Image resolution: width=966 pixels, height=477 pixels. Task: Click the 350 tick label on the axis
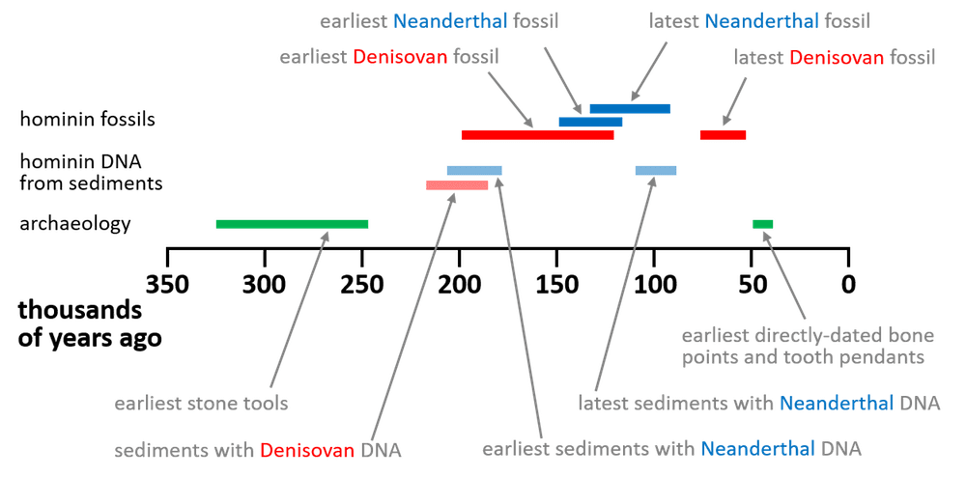point(167,285)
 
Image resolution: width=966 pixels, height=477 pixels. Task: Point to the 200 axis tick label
point(460,285)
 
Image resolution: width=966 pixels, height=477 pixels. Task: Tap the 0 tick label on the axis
point(848,285)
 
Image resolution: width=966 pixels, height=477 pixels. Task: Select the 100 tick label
point(654,285)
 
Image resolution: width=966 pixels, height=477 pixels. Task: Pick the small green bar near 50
point(763,224)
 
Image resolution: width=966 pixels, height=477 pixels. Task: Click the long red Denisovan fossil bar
point(537,135)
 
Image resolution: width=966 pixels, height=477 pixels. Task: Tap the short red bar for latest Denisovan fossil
point(724,135)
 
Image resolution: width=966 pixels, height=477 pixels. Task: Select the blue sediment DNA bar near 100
point(656,170)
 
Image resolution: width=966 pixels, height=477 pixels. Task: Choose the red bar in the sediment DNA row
point(457,184)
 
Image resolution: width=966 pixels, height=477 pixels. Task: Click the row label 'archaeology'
point(75,225)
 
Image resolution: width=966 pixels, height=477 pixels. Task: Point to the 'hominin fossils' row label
point(87,120)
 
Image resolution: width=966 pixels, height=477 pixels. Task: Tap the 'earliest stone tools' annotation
point(190,402)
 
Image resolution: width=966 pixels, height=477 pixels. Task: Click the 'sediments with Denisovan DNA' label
point(257,450)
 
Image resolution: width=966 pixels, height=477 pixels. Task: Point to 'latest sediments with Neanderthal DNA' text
point(758,402)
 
